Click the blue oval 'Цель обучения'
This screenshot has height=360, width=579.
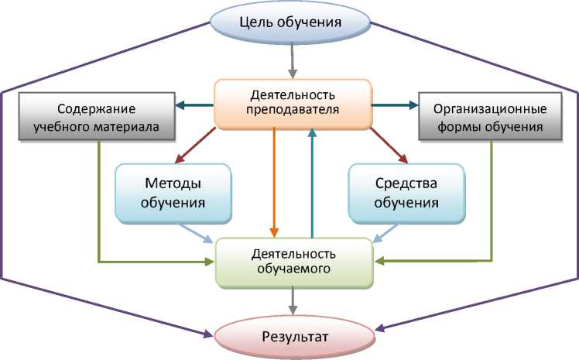pyautogui.click(x=292, y=22)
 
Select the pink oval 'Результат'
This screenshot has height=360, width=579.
pyautogui.click(x=293, y=337)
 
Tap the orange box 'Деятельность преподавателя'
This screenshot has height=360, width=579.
pyautogui.click(x=293, y=103)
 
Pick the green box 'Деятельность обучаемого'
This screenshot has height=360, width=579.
pyautogui.click(x=293, y=261)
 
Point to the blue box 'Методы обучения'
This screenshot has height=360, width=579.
pyautogui.click(x=174, y=193)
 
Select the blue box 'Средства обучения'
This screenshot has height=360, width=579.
pyautogui.click(x=406, y=193)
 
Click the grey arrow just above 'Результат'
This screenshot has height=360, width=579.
pyautogui.click(x=293, y=299)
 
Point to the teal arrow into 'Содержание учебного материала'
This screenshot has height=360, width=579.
pyautogui.click(x=194, y=105)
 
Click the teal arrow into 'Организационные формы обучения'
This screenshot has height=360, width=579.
pyautogui.click(x=394, y=105)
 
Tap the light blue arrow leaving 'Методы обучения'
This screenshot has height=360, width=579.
pyautogui.click(x=196, y=233)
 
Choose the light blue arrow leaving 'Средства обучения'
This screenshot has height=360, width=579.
pyautogui.click(x=387, y=233)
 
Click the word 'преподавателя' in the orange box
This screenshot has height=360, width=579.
pyautogui.click(x=293, y=110)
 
